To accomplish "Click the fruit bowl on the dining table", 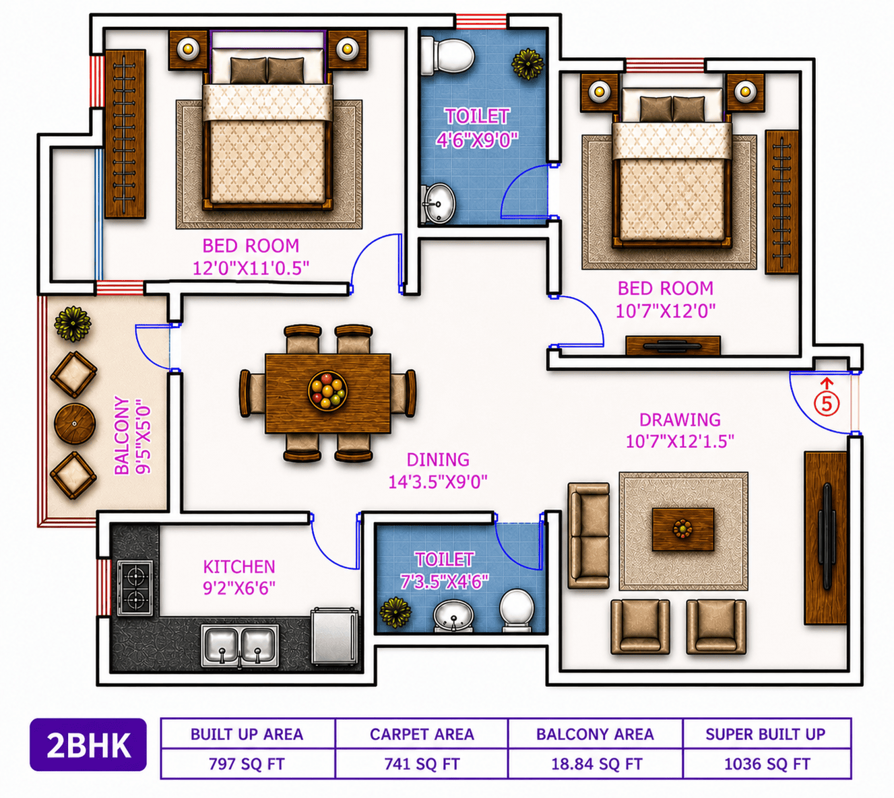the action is pyautogui.click(x=327, y=391).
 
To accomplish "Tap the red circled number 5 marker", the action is pyautogui.click(x=826, y=403).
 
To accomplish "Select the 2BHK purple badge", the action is pyautogui.click(x=88, y=745).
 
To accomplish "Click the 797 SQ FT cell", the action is pyautogui.click(x=247, y=764).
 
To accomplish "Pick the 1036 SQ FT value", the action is pyautogui.click(x=767, y=764).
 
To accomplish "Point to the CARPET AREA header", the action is pyautogui.click(x=422, y=734).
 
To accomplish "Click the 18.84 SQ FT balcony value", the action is pyautogui.click(x=596, y=764).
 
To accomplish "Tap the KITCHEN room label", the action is pyautogui.click(x=238, y=566).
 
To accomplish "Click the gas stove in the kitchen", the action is pyautogui.click(x=135, y=588).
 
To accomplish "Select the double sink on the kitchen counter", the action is pyautogui.click(x=240, y=645).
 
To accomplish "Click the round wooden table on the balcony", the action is pyautogui.click(x=75, y=424).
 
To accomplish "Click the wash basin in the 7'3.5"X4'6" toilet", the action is pyautogui.click(x=453, y=615).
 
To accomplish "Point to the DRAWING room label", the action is pyautogui.click(x=680, y=420).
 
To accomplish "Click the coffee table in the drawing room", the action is pyautogui.click(x=682, y=529).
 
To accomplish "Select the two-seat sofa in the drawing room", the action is pyautogui.click(x=588, y=536).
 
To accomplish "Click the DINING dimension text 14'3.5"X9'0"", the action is pyautogui.click(x=437, y=481).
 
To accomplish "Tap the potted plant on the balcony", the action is pyautogui.click(x=73, y=324).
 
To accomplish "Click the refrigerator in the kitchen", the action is pyautogui.click(x=334, y=636).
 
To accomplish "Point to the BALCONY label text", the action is pyautogui.click(x=122, y=435).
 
